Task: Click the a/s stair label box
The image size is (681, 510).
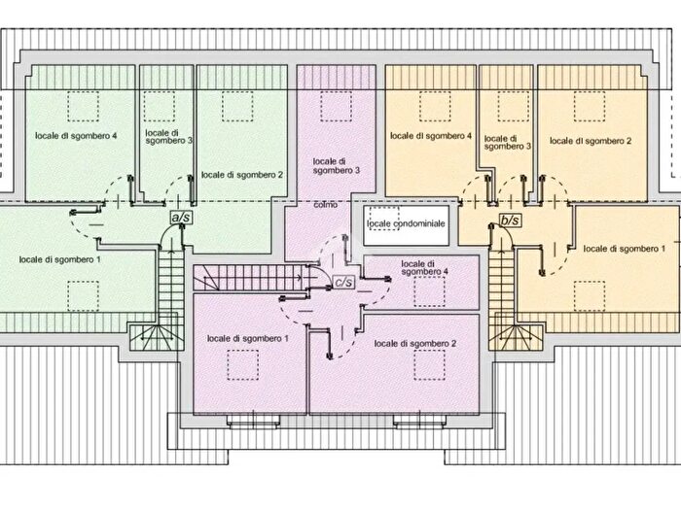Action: (182, 218)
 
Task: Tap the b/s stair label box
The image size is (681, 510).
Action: (510, 221)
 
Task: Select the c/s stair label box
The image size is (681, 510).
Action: (343, 283)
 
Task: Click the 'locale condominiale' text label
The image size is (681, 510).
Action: (406, 223)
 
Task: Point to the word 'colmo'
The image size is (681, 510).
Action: (325, 205)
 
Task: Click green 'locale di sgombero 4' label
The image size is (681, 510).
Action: (76, 136)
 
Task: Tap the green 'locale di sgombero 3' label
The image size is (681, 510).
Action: (168, 137)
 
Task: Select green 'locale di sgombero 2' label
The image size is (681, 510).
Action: (242, 175)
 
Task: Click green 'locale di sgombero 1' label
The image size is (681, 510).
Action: (60, 259)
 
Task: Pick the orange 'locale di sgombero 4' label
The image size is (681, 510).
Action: (431, 136)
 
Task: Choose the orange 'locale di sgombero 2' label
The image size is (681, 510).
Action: (591, 141)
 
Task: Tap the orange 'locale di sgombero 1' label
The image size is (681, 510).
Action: (625, 249)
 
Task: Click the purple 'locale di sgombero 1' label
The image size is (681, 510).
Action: (247, 338)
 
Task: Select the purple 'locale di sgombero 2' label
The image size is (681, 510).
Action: (415, 344)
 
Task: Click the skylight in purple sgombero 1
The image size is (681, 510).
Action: (243, 365)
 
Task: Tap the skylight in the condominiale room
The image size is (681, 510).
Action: (384, 219)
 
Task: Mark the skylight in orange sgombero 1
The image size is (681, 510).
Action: (590, 296)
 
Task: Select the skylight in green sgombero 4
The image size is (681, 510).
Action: (83, 106)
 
